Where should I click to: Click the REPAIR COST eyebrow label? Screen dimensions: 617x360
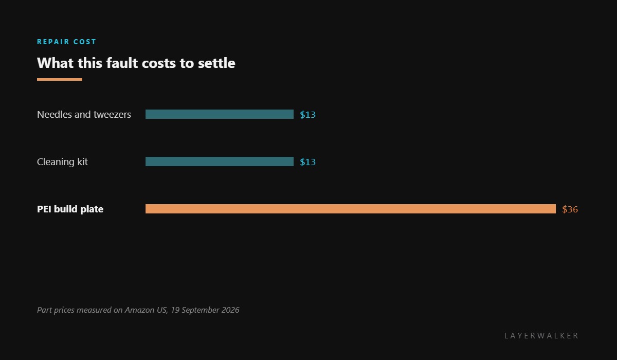pos(66,42)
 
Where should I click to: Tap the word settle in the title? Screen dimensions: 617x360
pos(216,63)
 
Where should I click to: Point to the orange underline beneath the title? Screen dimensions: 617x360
pos(60,80)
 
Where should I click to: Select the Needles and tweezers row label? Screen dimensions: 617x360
pos(84,114)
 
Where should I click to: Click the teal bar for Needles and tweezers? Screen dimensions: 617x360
pos(220,114)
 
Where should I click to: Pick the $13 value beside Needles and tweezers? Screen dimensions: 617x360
pos(307,115)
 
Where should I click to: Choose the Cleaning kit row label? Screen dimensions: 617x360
pos(62,161)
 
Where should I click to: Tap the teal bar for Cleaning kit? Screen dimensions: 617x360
pos(220,161)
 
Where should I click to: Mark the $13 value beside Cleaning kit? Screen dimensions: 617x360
pos(307,162)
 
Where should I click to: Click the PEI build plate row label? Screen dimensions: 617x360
pos(70,209)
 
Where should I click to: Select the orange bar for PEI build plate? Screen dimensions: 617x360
pos(351,209)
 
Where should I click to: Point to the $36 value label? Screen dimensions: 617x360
pos(570,209)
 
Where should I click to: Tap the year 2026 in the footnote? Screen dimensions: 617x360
pos(230,310)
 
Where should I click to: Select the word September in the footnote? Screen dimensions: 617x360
pos(200,310)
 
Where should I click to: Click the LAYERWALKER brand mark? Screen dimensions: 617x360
pos(541,335)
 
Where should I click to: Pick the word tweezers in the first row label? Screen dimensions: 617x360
pos(113,115)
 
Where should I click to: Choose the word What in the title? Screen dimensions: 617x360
pos(56,63)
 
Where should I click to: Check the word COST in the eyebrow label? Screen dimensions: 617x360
pos(84,42)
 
